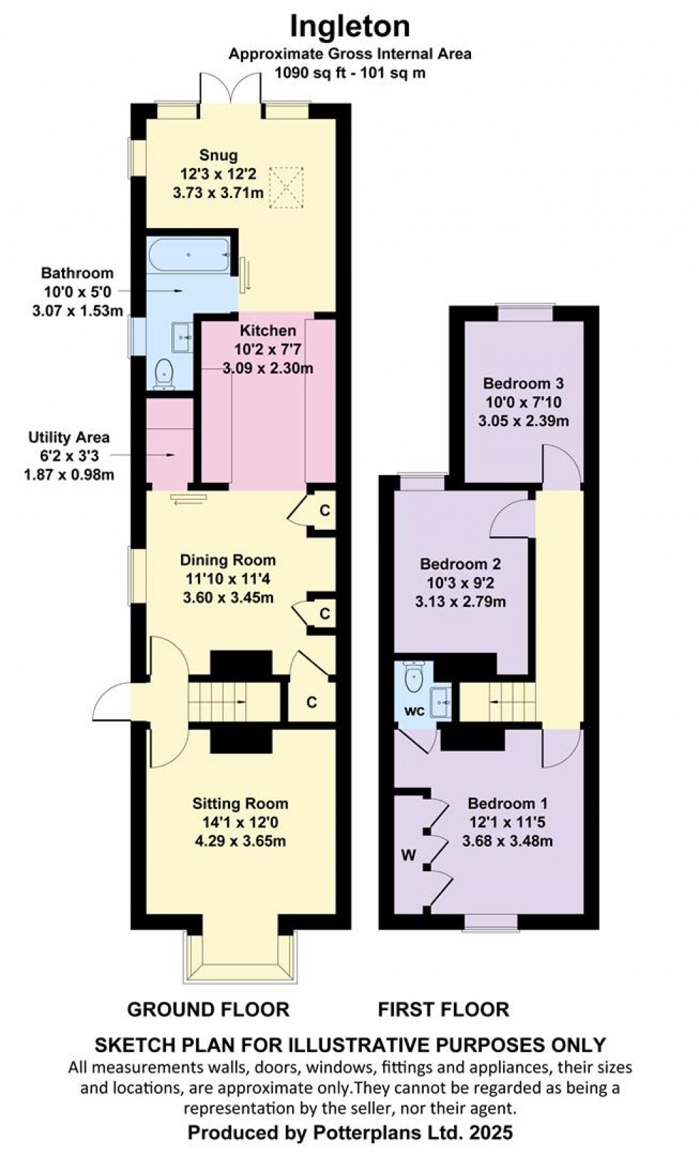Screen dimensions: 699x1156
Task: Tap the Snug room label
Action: [218, 155]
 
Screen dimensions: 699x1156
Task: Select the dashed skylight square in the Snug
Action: [287, 188]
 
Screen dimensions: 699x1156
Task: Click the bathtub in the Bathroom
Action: [189, 255]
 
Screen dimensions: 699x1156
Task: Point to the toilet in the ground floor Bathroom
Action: [164, 373]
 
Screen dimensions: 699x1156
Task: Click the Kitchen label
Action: [268, 330]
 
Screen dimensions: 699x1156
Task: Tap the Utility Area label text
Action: [69, 438]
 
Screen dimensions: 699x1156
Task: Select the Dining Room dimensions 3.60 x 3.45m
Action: [228, 598]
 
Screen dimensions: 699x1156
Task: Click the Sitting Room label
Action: [240, 804]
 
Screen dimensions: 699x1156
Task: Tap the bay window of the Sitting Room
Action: [240, 958]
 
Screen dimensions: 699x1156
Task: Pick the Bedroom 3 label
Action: [523, 384]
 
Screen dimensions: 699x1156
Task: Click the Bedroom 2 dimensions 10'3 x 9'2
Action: [461, 583]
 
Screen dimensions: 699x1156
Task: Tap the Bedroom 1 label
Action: [508, 804]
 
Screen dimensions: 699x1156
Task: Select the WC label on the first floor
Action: [414, 711]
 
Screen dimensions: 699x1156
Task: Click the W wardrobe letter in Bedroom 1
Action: [409, 856]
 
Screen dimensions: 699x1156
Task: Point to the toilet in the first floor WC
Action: [414, 677]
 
